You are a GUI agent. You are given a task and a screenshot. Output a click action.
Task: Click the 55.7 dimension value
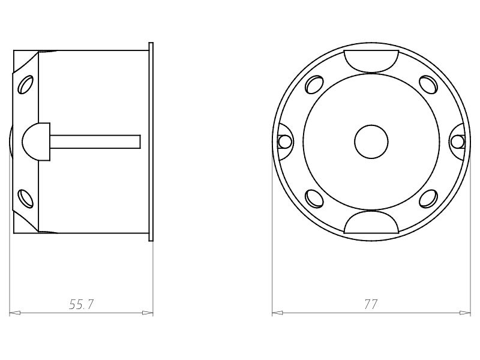(82, 305)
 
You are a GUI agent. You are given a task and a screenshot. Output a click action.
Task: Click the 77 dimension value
(371, 305)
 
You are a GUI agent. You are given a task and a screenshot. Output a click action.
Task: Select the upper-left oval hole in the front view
(314, 85)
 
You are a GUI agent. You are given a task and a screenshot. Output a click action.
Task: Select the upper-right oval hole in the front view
(427, 85)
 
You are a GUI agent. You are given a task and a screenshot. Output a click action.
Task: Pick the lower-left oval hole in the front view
(314, 197)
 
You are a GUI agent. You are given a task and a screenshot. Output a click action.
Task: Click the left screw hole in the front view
(285, 142)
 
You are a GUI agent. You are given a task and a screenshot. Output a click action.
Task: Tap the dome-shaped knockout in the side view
(36, 141)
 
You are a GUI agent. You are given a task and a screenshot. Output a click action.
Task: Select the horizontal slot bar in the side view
(96, 141)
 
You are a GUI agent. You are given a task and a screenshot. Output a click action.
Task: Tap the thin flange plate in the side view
(151, 142)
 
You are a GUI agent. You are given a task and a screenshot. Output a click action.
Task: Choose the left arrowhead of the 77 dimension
(277, 313)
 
